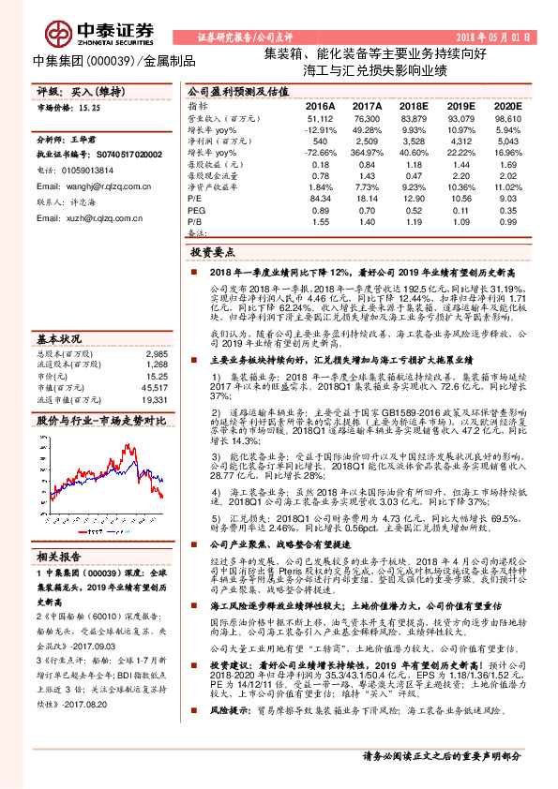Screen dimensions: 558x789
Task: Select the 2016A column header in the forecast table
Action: [320, 107]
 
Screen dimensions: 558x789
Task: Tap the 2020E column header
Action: [507, 107]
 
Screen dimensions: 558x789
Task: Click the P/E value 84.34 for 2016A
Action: [321, 198]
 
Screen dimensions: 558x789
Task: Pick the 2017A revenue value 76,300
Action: [367, 119]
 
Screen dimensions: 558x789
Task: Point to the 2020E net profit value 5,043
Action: [507, 141]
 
